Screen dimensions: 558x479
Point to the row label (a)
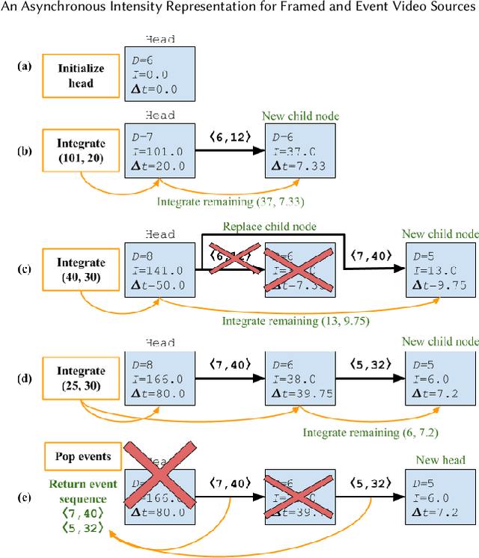pos(24,66)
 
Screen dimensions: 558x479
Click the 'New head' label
pos(439,459)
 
